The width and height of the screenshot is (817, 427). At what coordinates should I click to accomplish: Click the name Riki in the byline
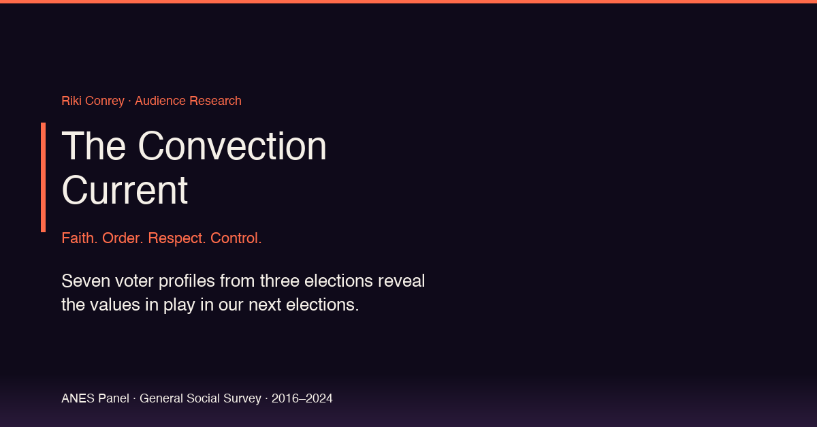point(71,101)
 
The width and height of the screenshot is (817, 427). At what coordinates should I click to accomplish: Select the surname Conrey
point(105,101)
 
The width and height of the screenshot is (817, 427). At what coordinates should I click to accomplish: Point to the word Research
point(215,101)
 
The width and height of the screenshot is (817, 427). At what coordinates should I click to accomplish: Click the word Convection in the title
point(232,146)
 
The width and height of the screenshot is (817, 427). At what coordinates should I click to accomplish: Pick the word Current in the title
point(125,190)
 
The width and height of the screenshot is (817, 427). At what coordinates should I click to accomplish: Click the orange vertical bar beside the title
point(43,177)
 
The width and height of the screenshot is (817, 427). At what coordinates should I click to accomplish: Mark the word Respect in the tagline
point(176,238)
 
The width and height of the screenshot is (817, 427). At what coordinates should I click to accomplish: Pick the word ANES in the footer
point(78,398)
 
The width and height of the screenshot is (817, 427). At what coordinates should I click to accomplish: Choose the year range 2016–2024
point(302,398)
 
